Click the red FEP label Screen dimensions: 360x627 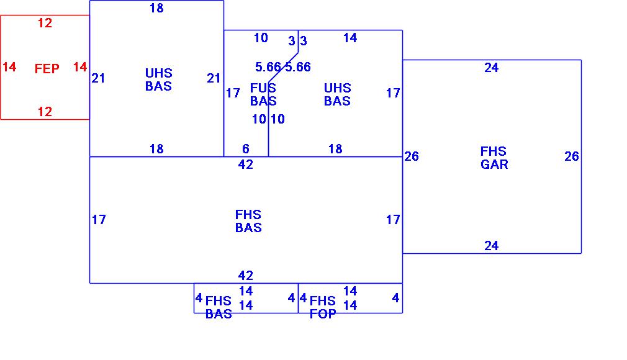coord(47,69)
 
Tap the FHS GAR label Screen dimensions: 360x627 coord(494,158)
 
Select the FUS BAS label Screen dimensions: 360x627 coord(263,94)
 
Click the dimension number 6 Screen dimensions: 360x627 coord(246,149)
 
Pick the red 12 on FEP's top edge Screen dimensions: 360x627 coord(45,24)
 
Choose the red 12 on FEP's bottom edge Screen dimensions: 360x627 coord(45,112)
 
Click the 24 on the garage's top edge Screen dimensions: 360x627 coord(491,68)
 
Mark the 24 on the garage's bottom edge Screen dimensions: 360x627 coord(491,246)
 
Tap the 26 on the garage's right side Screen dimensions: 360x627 coord(572,156)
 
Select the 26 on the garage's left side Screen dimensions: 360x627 coord(412,156)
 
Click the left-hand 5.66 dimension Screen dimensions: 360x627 coord(268,67)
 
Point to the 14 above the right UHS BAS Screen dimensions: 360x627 coord(350,38)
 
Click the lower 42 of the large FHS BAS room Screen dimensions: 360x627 coord(246,276)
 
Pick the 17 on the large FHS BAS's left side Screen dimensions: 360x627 coord(99,219)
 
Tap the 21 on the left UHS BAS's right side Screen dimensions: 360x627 coord(214,78)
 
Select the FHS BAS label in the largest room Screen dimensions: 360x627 coord(248,221)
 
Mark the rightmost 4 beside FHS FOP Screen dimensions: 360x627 coord(395,298)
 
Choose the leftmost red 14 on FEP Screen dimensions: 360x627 coord(9,67)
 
